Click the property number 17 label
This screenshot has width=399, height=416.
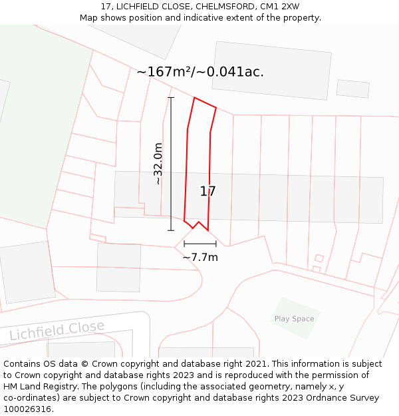click(207, 192)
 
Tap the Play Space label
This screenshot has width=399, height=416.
click(294, 319)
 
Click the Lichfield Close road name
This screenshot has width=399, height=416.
click(57, 330)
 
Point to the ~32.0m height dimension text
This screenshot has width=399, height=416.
click(158, 164)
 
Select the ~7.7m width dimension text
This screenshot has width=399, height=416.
click(200, 257)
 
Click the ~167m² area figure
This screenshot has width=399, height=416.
click(163, 72)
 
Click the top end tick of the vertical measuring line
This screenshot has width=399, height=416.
click(171, 98)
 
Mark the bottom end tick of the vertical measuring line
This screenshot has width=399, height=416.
click(171, 230)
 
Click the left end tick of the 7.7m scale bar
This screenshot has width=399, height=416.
click(184, 244)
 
